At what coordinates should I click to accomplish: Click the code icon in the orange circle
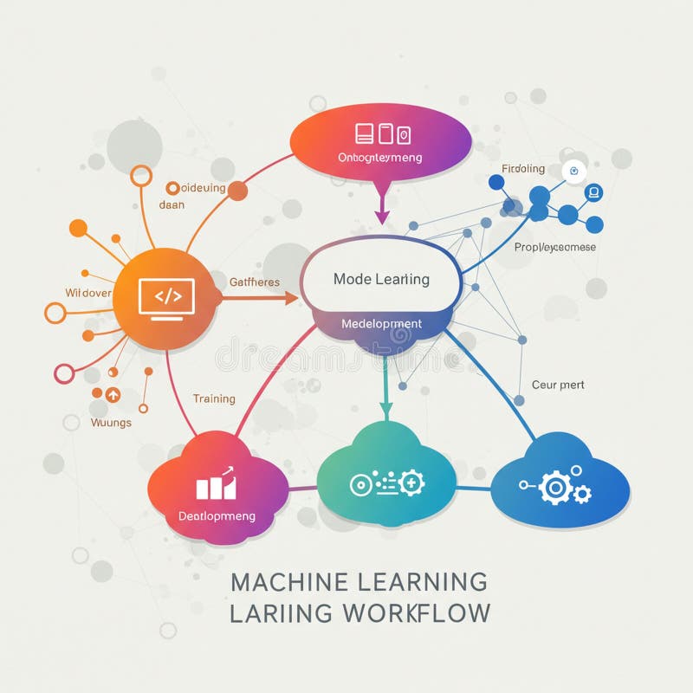[167, 297]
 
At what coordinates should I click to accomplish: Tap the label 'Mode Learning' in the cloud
[381, 279]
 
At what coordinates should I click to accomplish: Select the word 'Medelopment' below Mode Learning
[381, 324]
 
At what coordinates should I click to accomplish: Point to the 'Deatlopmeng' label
[217, 515]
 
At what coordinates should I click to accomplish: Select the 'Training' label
[214, 398]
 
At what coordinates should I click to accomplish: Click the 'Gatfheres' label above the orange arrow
[255, 282]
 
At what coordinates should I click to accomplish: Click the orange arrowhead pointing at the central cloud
[291, 298]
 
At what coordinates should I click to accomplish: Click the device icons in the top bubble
[383, 133]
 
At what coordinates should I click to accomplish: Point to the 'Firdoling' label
[523, 168]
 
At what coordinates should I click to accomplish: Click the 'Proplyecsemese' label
[555, 247]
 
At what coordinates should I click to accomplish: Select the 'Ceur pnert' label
[558, 384]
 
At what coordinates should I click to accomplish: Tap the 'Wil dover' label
[88, 293]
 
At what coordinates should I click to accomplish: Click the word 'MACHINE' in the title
[290, 581]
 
